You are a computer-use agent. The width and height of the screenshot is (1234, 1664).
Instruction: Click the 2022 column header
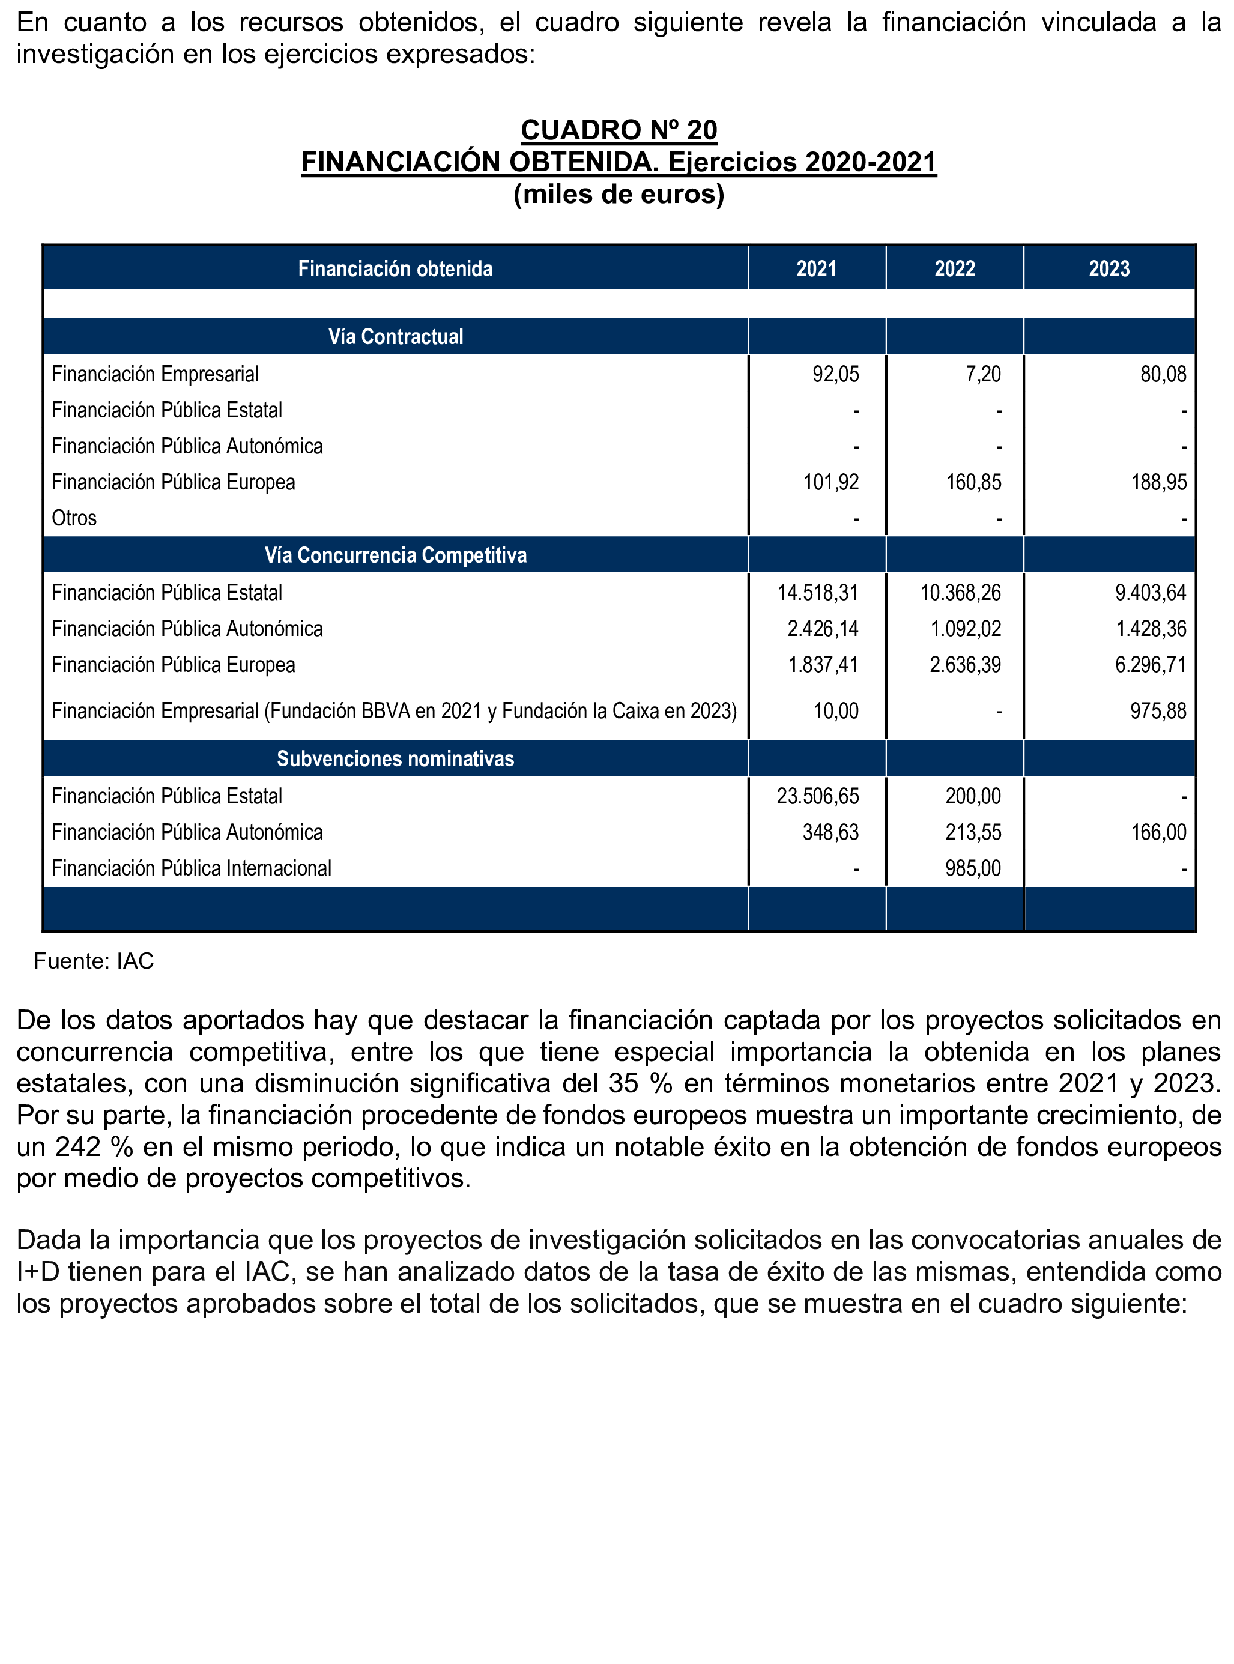click(955, 269)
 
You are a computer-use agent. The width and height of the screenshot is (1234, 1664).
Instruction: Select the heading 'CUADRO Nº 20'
click(619, 130)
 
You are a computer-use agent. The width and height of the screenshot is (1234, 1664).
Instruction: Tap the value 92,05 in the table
click(835, 374)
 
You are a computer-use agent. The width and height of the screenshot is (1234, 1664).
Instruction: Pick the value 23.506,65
click(817, 796)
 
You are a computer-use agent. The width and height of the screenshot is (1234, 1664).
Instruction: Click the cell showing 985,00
click(973, 868)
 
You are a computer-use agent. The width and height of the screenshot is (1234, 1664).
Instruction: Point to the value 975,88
click(1157, 710)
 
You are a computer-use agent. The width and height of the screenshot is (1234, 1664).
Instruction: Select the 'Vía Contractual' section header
click(395, 337)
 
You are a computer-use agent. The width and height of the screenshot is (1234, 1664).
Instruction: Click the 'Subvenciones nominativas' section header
click(395, 759)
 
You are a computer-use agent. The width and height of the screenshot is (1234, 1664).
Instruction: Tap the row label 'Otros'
click(74, 518)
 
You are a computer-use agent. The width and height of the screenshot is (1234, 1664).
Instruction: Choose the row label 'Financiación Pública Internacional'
click(191, 868)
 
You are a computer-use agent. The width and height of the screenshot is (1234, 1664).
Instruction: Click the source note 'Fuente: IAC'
click(93, 961)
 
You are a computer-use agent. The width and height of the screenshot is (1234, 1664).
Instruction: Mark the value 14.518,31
click(817, 593)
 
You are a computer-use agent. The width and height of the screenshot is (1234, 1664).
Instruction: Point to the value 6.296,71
click(1151, 665)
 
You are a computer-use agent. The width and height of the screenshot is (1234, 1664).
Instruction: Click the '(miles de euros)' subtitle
click(619, 194)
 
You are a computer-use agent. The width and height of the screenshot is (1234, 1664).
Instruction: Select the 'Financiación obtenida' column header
click(395, 269)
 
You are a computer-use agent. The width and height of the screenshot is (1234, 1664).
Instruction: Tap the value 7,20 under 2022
click(982, 374)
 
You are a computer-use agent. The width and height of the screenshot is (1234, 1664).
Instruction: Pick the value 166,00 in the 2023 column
click(1158, 832)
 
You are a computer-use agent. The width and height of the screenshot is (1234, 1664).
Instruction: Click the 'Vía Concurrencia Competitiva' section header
click(395, 555)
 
